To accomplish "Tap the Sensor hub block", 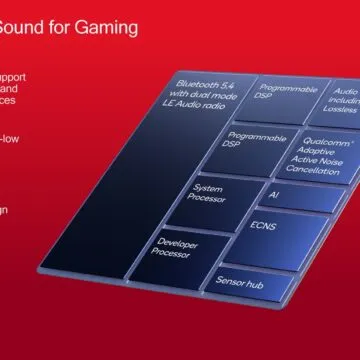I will (239, 284).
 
